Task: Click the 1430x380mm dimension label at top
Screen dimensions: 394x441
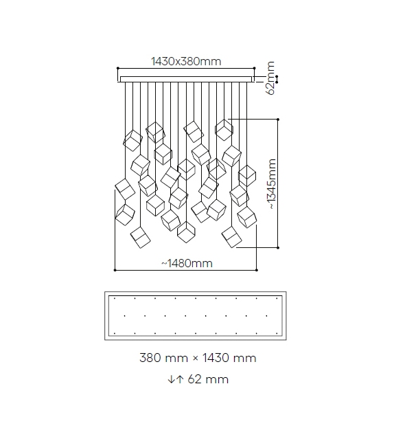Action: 186,61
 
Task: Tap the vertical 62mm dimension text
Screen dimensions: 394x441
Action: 270,78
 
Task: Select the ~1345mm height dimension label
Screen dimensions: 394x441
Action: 271,184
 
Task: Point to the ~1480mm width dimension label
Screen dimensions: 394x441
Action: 187,263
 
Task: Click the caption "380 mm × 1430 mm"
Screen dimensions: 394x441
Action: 198,358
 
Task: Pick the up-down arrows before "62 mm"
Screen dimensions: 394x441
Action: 176,379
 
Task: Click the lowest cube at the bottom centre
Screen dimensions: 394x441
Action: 186,232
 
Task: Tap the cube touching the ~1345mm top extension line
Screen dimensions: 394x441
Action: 224,130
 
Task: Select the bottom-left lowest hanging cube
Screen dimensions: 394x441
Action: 140,238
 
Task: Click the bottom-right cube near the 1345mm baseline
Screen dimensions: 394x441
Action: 231,237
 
